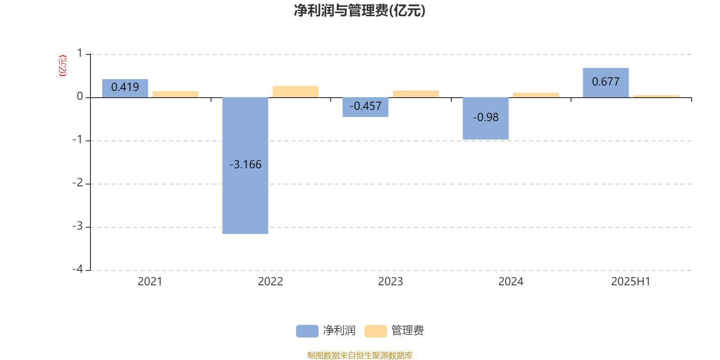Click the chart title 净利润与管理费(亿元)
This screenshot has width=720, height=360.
click(x=360, y=11)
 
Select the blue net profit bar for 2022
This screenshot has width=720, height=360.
click(x=245, y=166)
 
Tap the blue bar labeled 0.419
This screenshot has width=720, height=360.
click(x=125, y=88)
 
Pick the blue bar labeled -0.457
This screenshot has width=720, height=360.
click(x=365, y=107)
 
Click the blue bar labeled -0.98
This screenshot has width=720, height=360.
click(x=486, y=118)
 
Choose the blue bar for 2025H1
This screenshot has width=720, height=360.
click(x=606, y=83)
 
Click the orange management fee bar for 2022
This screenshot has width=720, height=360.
click(x=296, y=92)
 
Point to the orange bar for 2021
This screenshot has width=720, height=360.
click(x=175, y=94)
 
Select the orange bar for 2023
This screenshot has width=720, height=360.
click(x=416, y=94)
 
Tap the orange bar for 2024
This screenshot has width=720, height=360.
click(x=536, y=95)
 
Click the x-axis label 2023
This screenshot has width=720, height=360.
click(x=391, y=282)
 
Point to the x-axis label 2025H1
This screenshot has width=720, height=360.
click(x=630, y=282)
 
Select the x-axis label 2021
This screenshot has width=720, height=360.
click(x=150, y=282)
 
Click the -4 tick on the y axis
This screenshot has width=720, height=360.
click(x=78, y=269)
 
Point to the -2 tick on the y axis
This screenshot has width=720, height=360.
click(x=78, y=183)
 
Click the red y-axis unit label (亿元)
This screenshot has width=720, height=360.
click(x=63, y=66)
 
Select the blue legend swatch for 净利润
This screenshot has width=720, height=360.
click(x=307, y=331)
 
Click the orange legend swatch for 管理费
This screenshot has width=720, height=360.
click(x=376, y=331)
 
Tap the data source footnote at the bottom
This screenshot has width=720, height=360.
click(x=360, y=355)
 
